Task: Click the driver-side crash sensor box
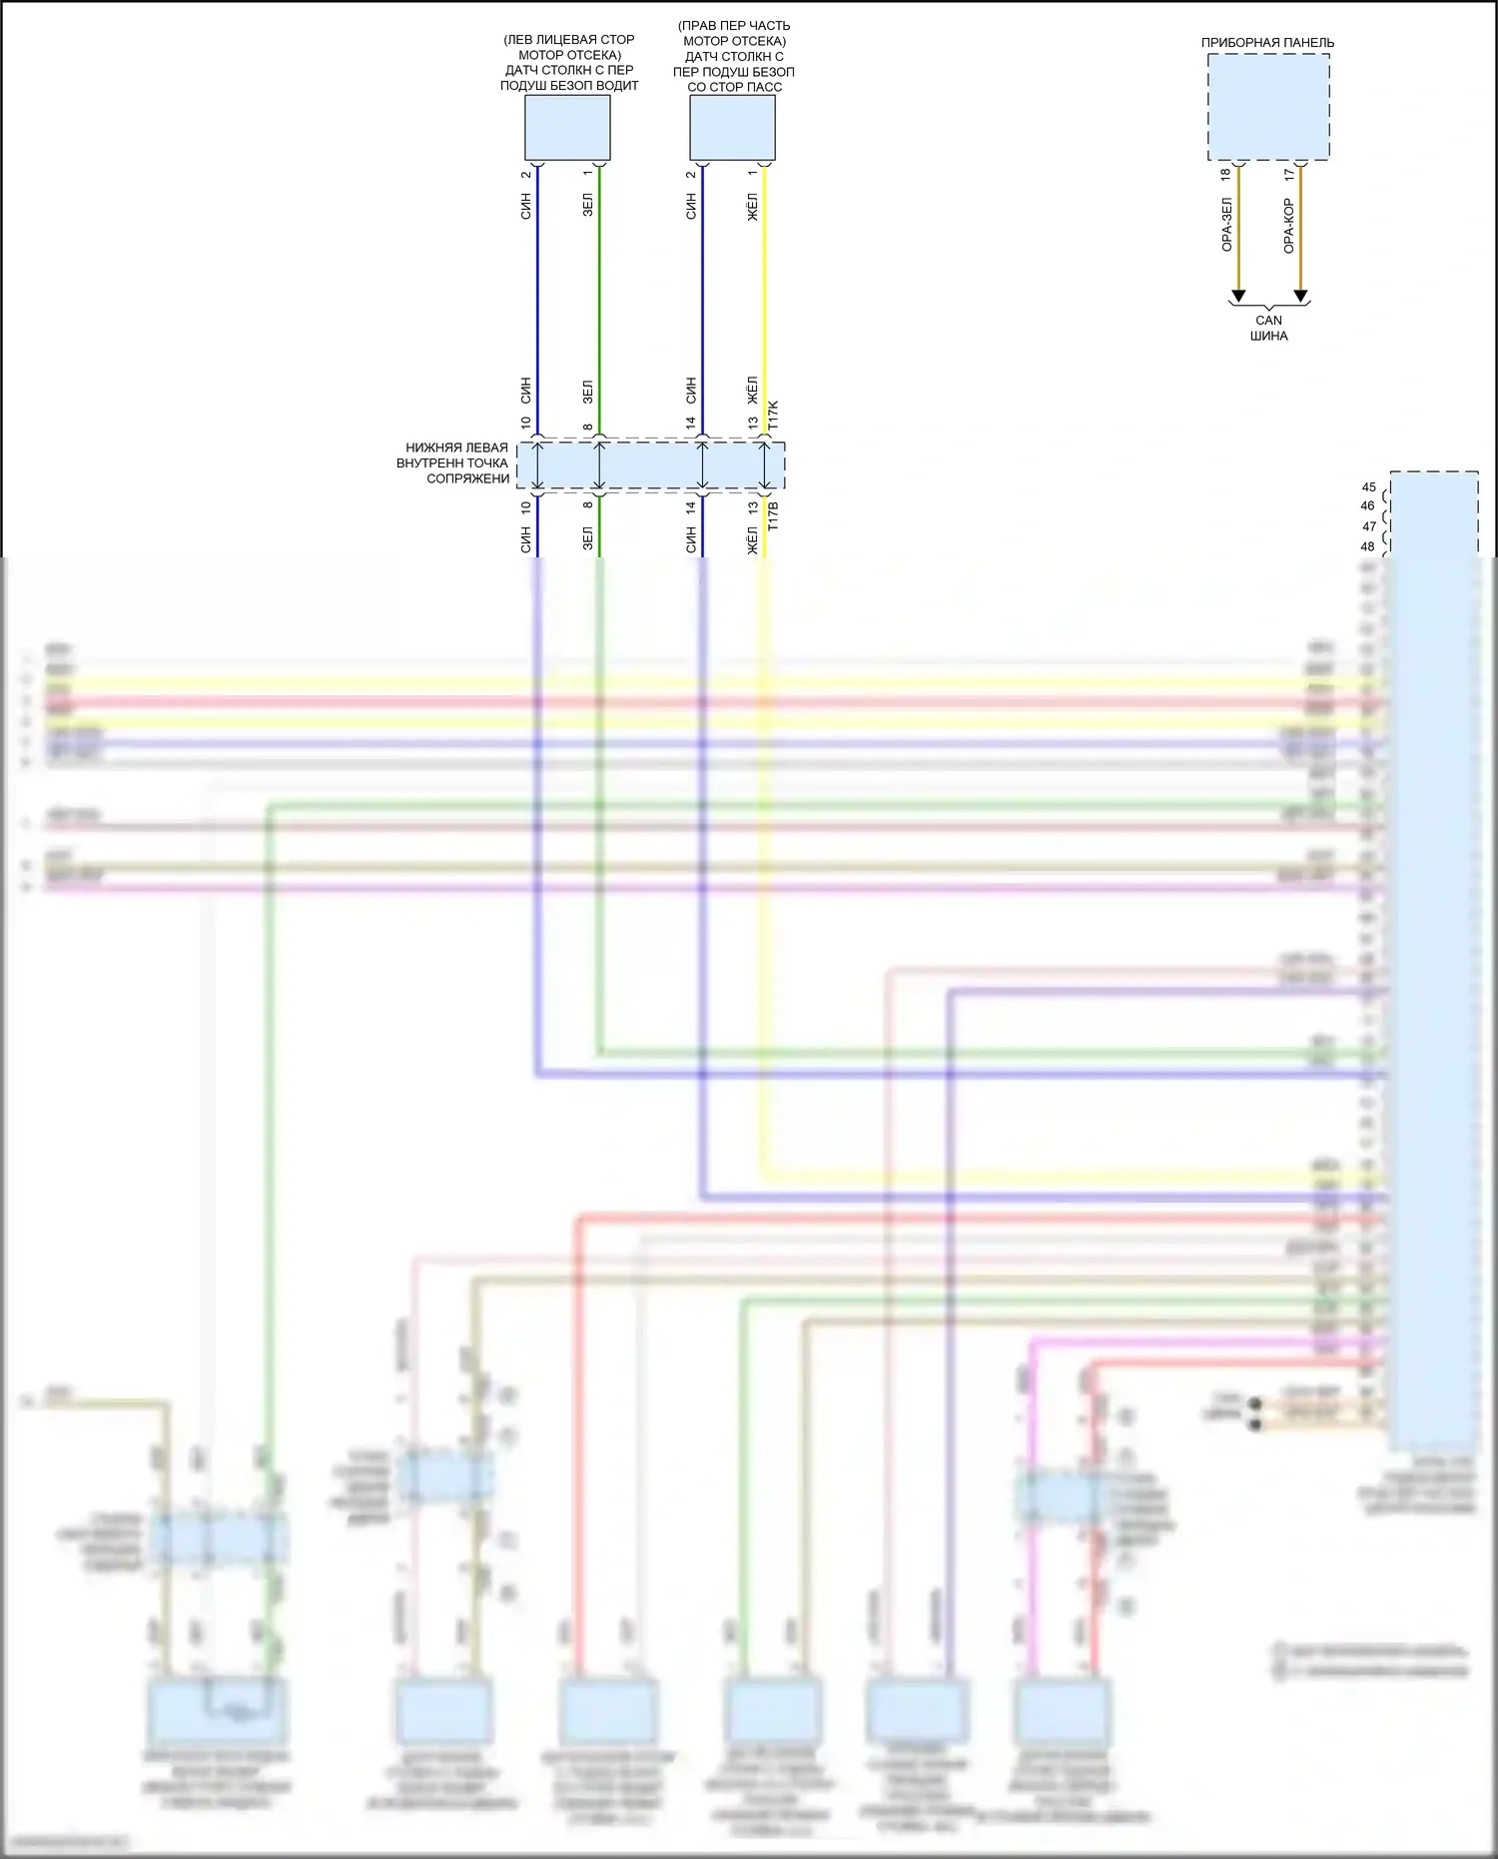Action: click(567, 127)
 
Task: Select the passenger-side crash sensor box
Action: click(732, 127)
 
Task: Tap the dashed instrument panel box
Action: click(1268, 107)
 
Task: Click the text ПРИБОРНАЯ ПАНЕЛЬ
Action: click(1267, 43)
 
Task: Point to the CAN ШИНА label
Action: click(1268, 328)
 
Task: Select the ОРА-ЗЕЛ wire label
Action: click(1226, 225)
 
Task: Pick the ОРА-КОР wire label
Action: click(1288, 225)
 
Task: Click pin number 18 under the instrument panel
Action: click(1226, 175)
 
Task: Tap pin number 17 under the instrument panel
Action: click(1288, 175)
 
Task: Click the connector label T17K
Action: click(773, 415)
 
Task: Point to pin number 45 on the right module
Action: click(1368, 487)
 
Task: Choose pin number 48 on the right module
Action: click(1368, 546)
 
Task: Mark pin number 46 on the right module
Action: click(1368, 506)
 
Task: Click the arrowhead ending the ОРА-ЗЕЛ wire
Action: click(1238, 296)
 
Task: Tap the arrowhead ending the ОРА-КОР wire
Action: click(1300, 296)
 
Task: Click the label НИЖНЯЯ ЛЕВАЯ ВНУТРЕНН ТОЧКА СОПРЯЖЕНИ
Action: click(454, 464)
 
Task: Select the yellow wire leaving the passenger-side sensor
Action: click(765, 300)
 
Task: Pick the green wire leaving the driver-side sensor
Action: click(599, 300)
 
